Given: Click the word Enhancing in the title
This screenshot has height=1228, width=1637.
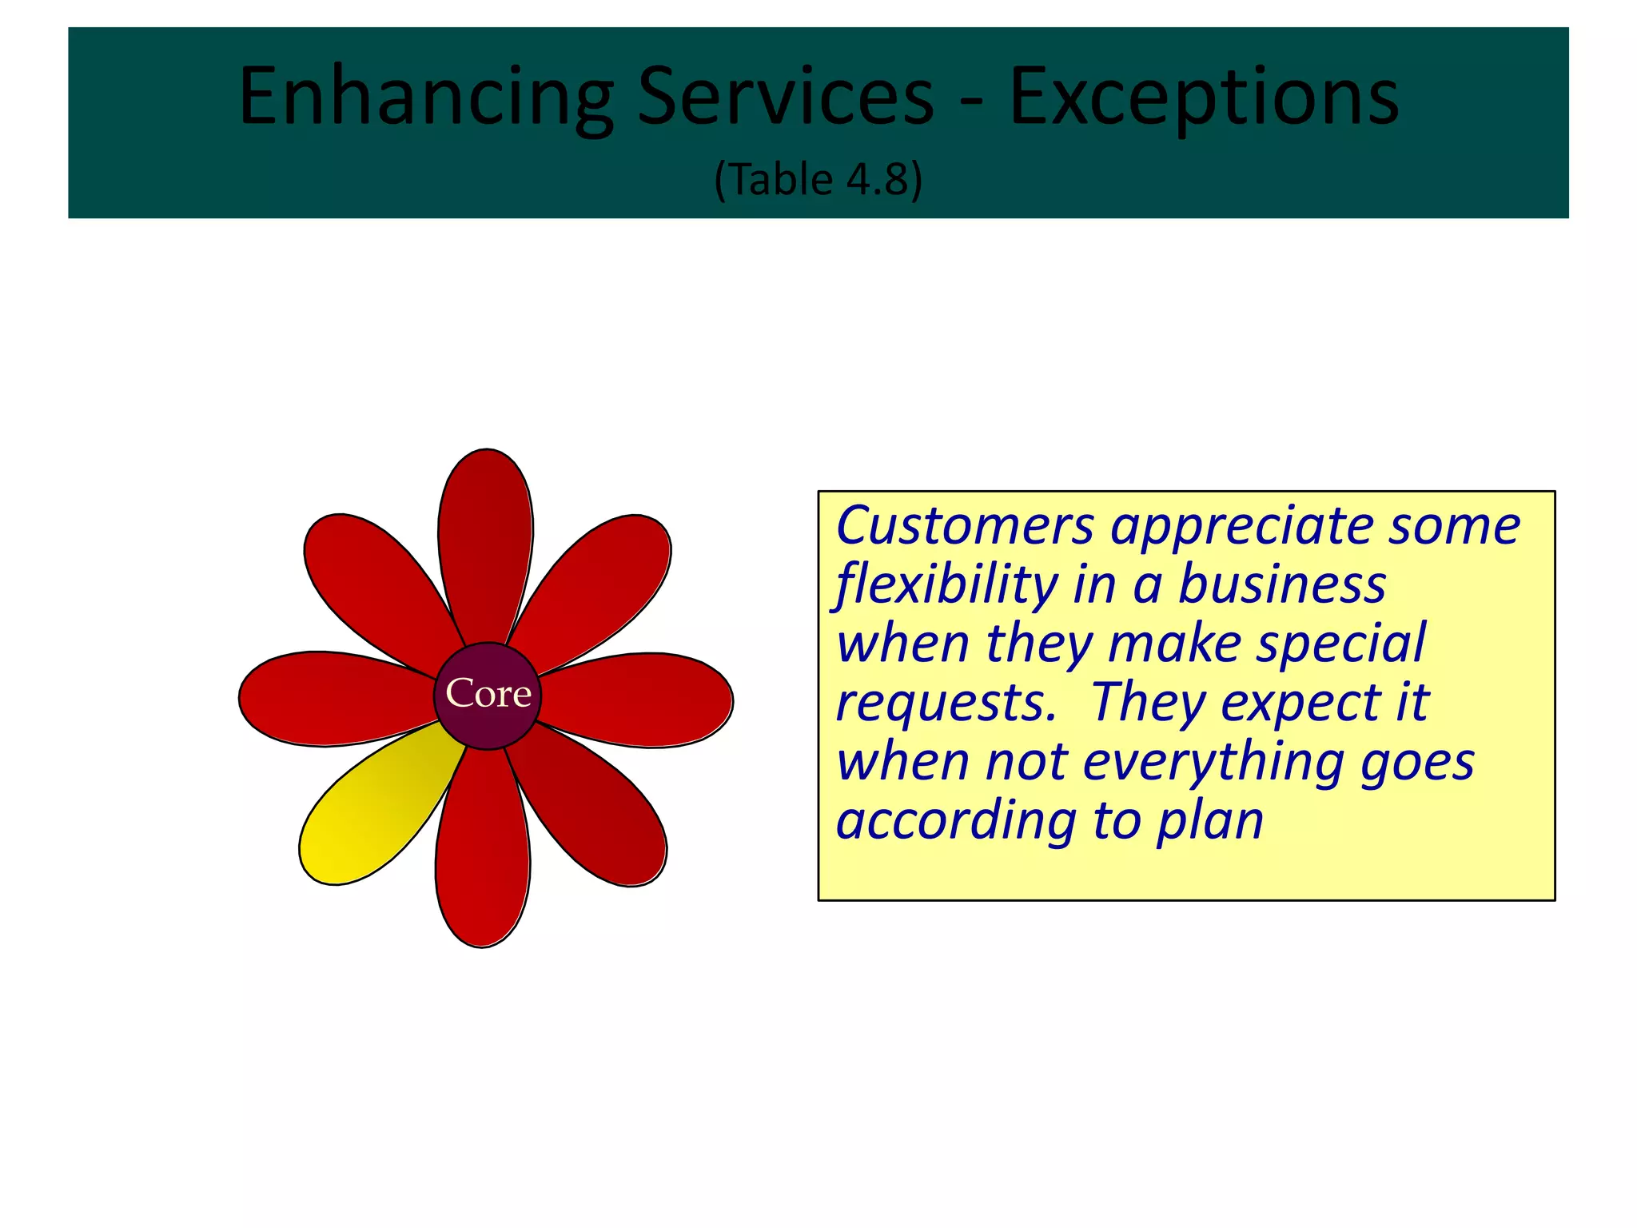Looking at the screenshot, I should pyautogui.click(x=426, y=98).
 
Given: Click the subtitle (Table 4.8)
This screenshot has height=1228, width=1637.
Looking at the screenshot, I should pyautogui.click(x=818, y=179).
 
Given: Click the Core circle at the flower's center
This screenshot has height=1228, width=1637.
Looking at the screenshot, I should pyautogui.click(x=488, y=695).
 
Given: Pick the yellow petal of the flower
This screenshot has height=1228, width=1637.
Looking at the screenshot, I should pyautogui.click(x=368, y=815).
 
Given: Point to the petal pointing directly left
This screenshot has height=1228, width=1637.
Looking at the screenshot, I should pyautogui.click(x=328, y=698).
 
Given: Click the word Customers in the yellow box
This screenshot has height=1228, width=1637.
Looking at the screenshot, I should pyautogui.click(x=964, y=527).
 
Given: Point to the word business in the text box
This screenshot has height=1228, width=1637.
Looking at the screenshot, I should pyautogui.click(x=1282, y=584).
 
